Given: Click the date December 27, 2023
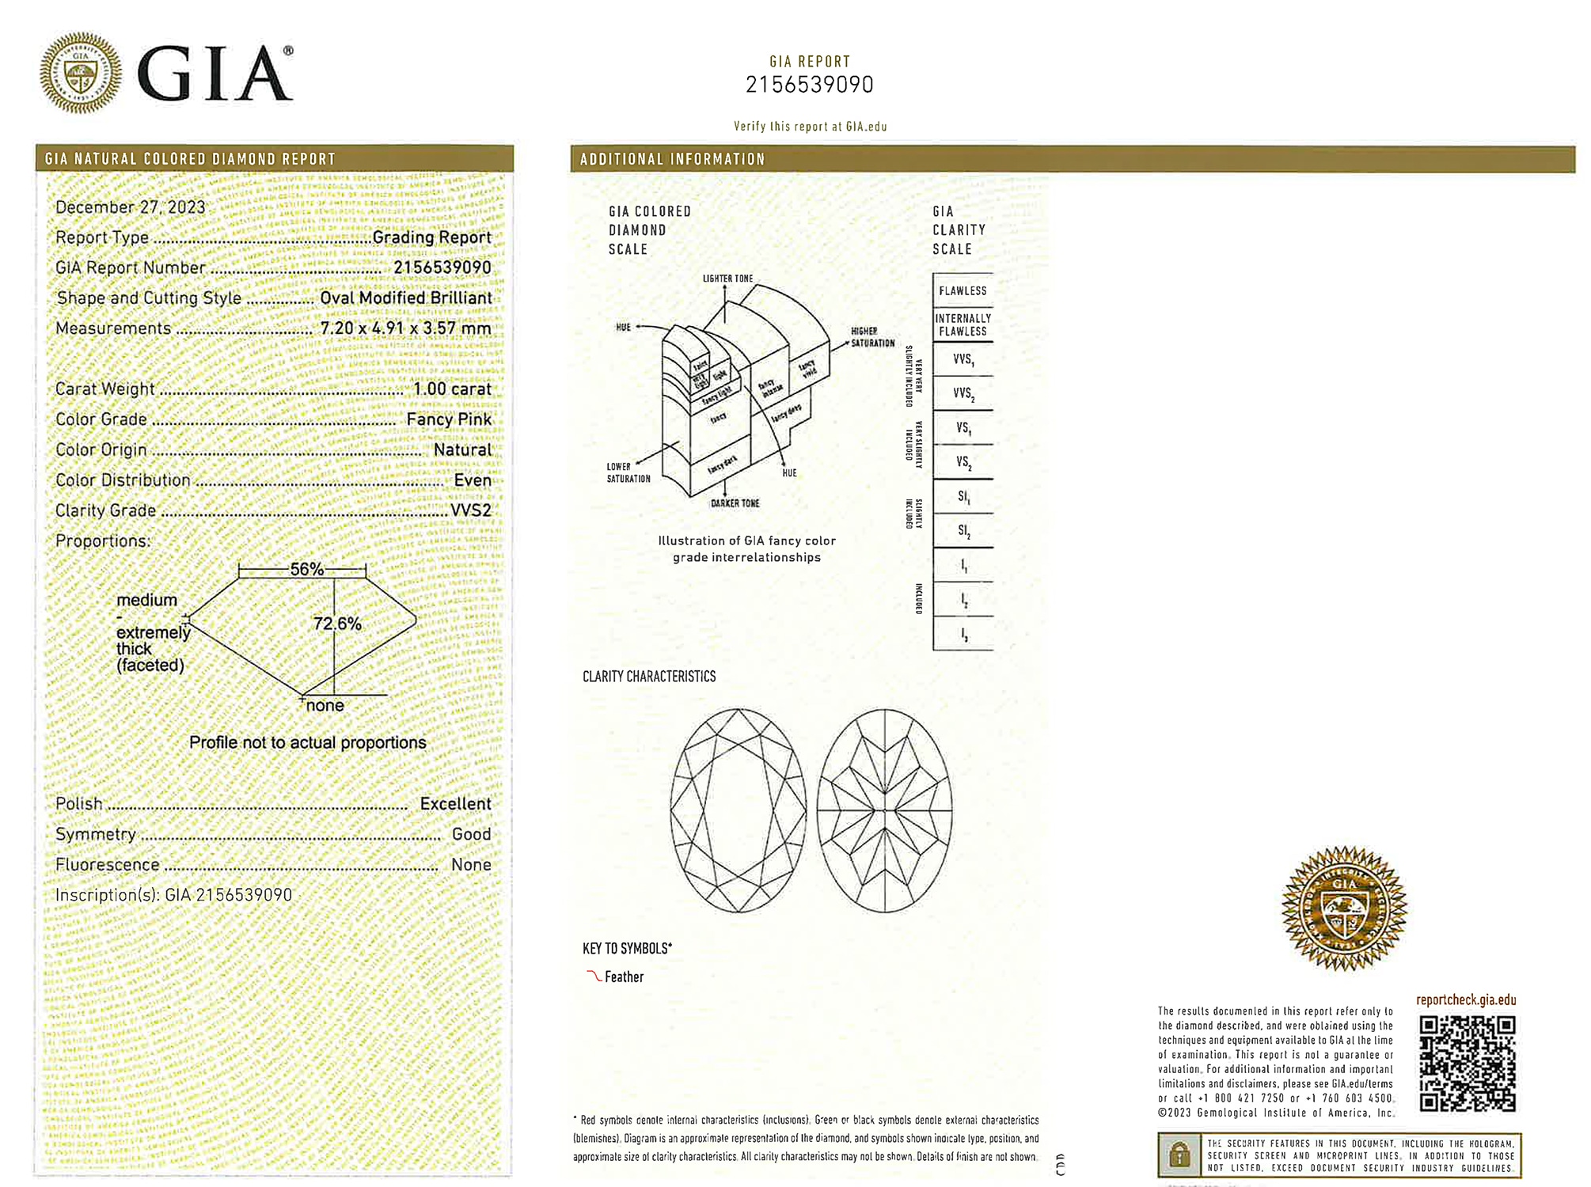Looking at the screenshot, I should tap(130, 207).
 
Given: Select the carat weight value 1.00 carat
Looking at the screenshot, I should tap(452, 389).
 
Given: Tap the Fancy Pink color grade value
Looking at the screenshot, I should tap(449, 419).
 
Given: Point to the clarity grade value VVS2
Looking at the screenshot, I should tap(471, 510).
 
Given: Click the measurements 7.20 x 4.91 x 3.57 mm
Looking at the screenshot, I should tap(405, 328).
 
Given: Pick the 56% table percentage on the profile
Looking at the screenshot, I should tap(306, 569).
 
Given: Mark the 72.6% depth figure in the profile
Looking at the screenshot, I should tap(337, 624).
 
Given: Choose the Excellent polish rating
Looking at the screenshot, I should tap(455, 804).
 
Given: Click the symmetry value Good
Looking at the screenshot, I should tap(471, 834).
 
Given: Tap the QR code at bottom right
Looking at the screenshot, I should tap(1467, 1064).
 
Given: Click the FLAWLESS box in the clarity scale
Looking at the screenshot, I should tap(963, 290).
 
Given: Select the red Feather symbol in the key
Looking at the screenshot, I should tap(594, 976).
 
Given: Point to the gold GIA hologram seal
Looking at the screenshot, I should tap(1343, 908).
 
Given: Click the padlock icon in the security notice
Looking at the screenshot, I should tap(1179, 1155).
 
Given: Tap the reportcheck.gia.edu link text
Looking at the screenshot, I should tap(1466, 999).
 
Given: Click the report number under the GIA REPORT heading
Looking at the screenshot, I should tap(809, 85).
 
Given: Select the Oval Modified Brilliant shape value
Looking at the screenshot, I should tap(406, 298).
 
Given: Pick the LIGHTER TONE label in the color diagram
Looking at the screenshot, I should tap(727, 279).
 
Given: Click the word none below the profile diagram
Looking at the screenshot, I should tap(325, 705).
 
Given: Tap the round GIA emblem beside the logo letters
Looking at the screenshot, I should tap(81, 73).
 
